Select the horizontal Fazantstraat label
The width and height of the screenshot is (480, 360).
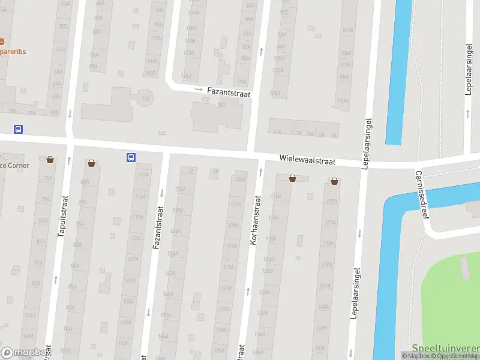tap(228, 92)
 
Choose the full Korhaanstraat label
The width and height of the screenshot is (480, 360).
tap(254, 222)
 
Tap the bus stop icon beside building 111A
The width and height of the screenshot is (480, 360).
tap(131, 158)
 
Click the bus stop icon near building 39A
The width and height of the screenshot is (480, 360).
tap(19, 129)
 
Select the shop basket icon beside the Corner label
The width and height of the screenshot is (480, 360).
tap(50, 160)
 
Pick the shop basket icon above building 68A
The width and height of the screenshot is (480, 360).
tap(91, 163)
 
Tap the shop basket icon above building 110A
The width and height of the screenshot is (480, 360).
tap(292, 178)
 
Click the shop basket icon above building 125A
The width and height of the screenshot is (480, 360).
tap(334, 181)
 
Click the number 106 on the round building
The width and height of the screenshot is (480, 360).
tap(145, 98)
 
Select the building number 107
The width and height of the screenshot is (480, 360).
tap(221, 104)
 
